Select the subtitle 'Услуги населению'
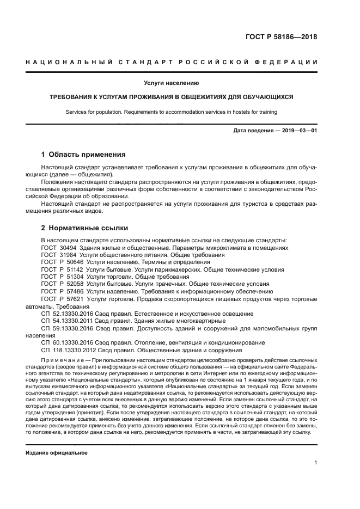(x=171, y=83)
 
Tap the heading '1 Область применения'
(x=83, y=155)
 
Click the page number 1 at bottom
(x=315, y=463)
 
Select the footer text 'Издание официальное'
(x=56, y=452)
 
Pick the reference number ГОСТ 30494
(x=59, y=248)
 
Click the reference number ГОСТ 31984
(x=59, y=255)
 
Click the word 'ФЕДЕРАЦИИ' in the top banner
(x=290, y=62)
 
